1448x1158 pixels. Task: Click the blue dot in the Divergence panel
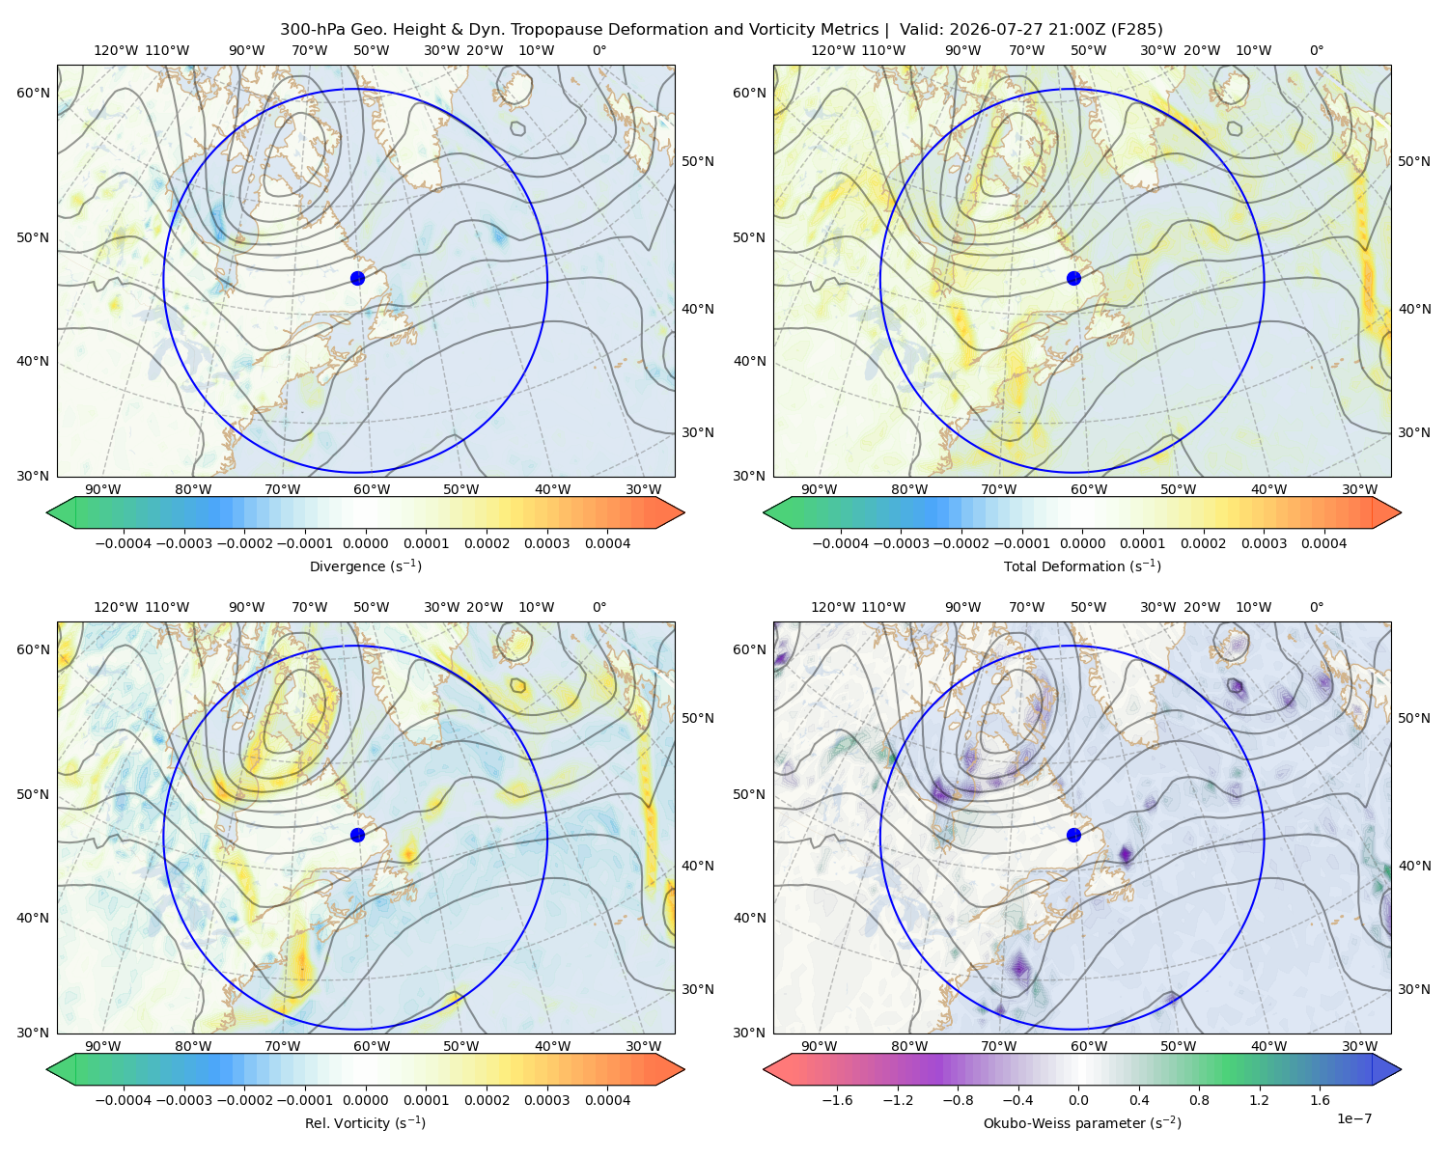click(357, 279)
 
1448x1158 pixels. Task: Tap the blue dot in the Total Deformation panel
click(1073, 279)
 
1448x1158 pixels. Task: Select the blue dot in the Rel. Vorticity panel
click(357, 835)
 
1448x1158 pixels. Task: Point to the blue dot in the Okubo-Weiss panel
click(1073, 835)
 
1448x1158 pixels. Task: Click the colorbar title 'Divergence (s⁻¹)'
click(365, 566)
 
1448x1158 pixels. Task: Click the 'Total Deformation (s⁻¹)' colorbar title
click(1082, 566)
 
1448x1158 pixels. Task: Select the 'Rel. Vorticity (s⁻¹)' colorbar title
click(365, 1123)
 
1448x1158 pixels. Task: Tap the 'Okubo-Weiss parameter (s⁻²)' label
click(1082, 1123)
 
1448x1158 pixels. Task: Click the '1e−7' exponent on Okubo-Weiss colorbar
click(1353, 1118)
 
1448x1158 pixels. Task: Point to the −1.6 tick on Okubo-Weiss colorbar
click(837, 1100)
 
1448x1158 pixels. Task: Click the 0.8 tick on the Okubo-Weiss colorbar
click(1199, 1100)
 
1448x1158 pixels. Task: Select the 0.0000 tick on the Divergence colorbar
click(365, 543)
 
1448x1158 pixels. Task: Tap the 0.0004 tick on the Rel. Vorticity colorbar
click(607, 1100)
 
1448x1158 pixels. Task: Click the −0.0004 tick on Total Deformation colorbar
click(841, 543)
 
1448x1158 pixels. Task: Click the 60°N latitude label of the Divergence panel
click(33, 93)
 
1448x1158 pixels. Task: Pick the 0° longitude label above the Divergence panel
click(599, 50)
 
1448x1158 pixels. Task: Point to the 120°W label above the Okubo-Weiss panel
click(832, 607)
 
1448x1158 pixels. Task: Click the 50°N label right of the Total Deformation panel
click(1413, 161)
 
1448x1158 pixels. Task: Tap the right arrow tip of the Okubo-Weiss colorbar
click(1401, 1069)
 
